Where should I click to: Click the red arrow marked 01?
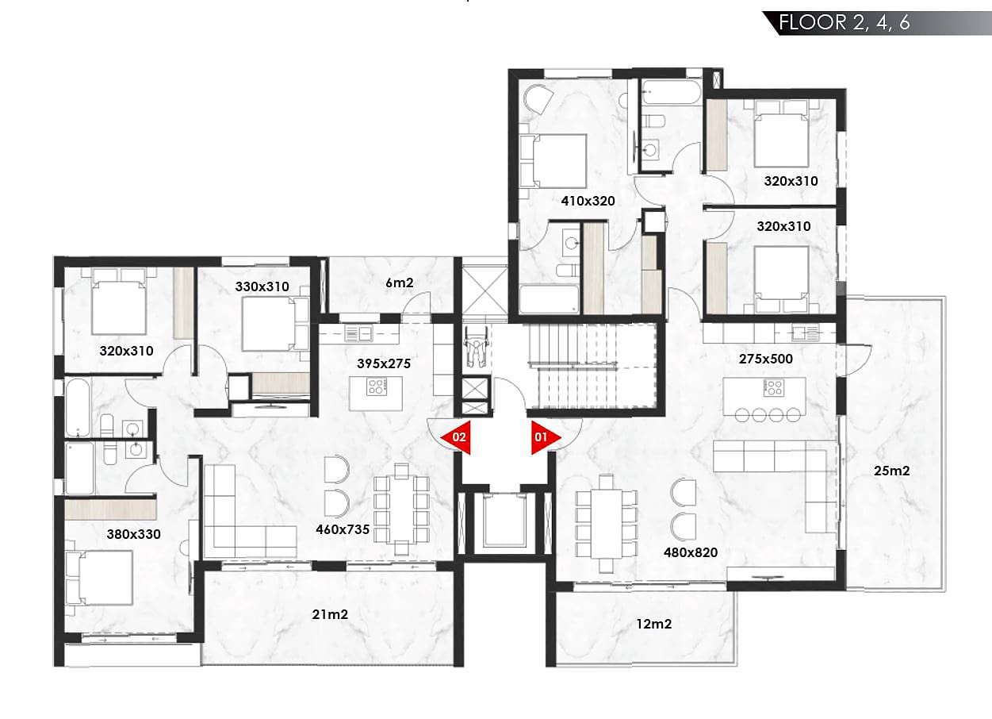544,437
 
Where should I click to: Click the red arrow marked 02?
457,437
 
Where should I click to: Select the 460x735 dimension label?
343,529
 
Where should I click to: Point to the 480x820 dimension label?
691,552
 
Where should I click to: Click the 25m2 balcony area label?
891,471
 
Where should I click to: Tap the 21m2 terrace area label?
330,614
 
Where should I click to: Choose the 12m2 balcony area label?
653,624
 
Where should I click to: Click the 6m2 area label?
399,283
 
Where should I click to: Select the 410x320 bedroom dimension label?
588,201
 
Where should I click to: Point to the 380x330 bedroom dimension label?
133,534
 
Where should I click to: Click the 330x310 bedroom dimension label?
262,286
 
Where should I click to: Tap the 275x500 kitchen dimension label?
766,359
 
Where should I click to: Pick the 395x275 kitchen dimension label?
384,363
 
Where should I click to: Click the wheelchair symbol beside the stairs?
476,347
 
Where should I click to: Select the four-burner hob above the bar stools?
774,387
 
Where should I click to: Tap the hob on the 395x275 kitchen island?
377,386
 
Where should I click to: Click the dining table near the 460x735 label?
401,509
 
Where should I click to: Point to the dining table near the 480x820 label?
607,523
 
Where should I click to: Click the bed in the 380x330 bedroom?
99,578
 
